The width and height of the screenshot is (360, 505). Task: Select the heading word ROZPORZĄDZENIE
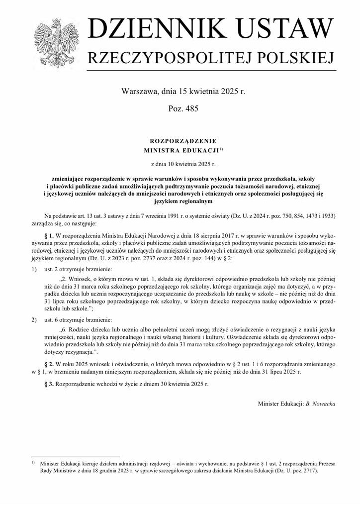tap(180, 141)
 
